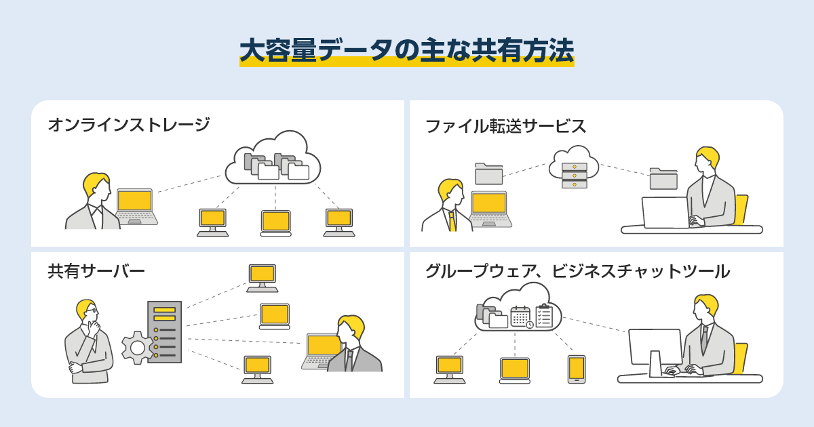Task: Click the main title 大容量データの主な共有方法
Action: click(x=407, y=51)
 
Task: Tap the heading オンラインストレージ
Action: click(x=128, y=125)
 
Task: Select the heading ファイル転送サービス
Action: click(x=505, y=126)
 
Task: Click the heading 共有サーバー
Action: click(x=96, y=271)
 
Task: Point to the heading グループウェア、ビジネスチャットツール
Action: click(x=577, y=271)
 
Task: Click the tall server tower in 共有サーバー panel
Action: click(x=165, y=332)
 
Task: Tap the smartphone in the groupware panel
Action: click(x=577, y=369)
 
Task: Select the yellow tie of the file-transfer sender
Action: click(x=452, y=221)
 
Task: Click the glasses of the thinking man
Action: click(x=92, y=311)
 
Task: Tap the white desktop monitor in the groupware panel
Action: click(x=655, y=348)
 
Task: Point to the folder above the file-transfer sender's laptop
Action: click(x=488, y=174)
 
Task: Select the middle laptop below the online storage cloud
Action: click(x=275, y=223)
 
